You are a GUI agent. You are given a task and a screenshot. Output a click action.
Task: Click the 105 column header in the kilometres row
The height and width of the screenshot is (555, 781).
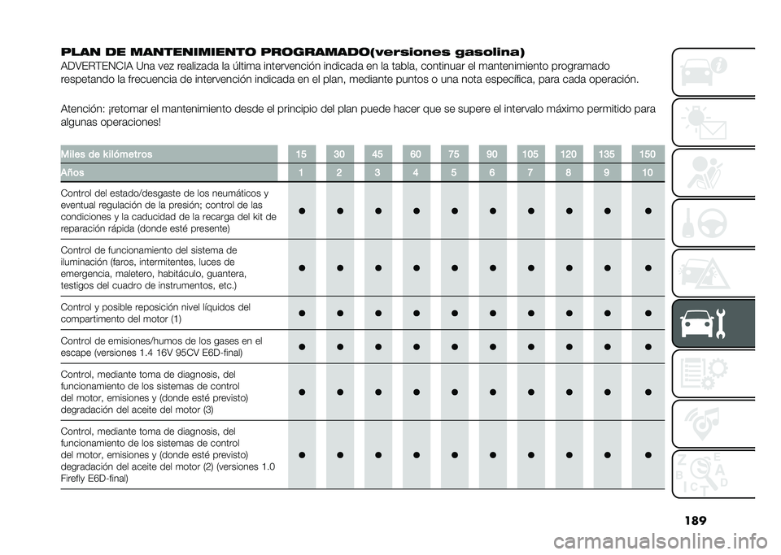(530, 154)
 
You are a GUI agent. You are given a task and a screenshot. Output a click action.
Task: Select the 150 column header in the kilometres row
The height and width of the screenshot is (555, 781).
(648, 154)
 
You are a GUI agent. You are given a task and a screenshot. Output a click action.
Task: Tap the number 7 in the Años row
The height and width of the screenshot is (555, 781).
(530, 172)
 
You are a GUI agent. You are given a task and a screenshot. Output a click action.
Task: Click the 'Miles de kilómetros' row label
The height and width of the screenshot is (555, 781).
(106, 154)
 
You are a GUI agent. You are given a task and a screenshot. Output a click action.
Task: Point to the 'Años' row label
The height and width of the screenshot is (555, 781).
(72, 172)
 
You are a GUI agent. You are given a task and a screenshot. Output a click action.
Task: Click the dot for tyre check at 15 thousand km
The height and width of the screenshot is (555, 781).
(301, 210)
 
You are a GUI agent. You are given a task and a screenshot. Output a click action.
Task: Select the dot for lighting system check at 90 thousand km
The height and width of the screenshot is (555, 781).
(492, 268)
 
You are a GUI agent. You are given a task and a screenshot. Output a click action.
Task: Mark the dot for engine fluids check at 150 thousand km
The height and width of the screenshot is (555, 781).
(648, 314)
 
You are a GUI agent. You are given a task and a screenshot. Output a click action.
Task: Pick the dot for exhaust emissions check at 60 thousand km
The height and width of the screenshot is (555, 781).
(416, 347)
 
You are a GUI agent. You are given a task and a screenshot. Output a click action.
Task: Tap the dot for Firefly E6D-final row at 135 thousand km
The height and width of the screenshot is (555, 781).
(607, 455)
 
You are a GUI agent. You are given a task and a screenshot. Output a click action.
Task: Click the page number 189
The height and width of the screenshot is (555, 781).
(696, 521)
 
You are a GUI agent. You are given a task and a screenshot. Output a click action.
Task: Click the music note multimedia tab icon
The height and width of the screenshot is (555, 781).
(704, 423)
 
